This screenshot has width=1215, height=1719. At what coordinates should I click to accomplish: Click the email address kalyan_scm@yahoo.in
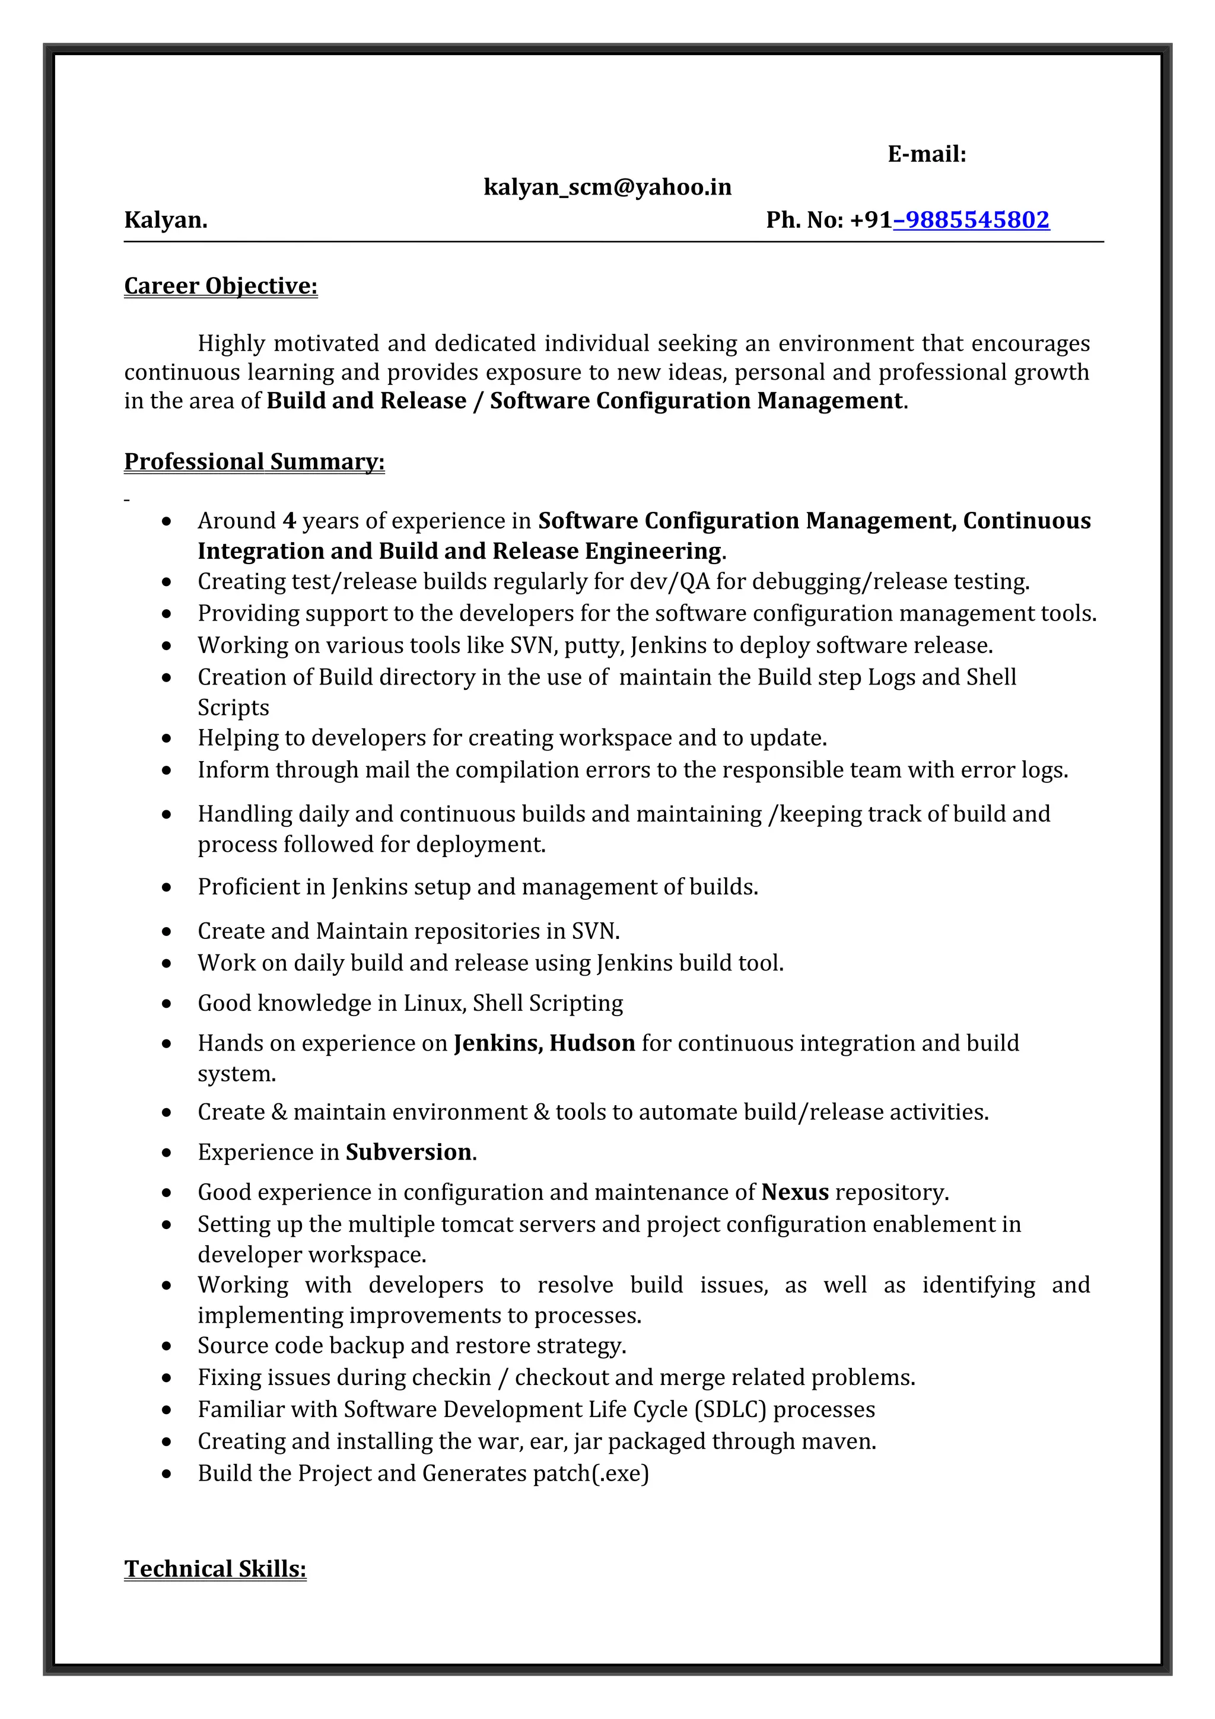point(607,187)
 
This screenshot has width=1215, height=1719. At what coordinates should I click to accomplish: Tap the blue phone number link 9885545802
point(972,220)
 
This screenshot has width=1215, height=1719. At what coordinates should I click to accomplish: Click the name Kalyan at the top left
point(165,220)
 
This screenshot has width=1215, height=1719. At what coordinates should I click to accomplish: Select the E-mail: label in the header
point(927,154)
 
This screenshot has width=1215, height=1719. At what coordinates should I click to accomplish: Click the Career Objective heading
point(221,286)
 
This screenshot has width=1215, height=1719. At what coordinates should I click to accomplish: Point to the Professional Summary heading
point(254,461)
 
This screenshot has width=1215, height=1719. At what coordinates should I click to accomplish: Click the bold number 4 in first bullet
point(289,521)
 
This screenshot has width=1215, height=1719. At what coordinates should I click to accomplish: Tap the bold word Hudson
point(591,1043)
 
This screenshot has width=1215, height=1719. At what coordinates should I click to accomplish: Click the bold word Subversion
point(409,1151)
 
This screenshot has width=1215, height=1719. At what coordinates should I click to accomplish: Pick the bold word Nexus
point(794,1192)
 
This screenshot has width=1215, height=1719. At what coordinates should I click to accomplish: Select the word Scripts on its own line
point(233,708)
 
